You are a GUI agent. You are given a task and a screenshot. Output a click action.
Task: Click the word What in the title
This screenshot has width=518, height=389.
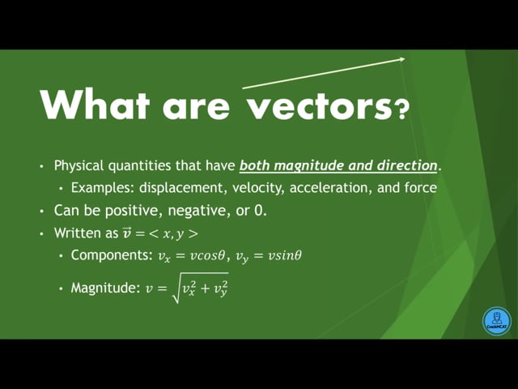[95, 104]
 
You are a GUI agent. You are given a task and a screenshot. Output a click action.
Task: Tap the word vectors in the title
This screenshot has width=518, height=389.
[320, 106]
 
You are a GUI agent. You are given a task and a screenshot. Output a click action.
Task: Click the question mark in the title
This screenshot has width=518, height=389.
[402, 110]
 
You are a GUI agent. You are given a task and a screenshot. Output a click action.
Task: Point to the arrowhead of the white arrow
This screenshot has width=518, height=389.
[402, 59]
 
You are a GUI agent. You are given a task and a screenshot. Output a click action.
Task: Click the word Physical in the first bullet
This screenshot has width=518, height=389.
[79, 165]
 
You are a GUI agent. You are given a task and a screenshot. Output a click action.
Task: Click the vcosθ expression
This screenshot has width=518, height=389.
[207, 256]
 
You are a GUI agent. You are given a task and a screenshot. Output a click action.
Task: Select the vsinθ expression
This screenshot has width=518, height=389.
[284, 256]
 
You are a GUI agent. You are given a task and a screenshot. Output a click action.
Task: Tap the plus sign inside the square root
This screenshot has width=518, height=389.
[205, 289]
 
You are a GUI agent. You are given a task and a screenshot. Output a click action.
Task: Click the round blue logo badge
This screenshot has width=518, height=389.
[496, 321]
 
